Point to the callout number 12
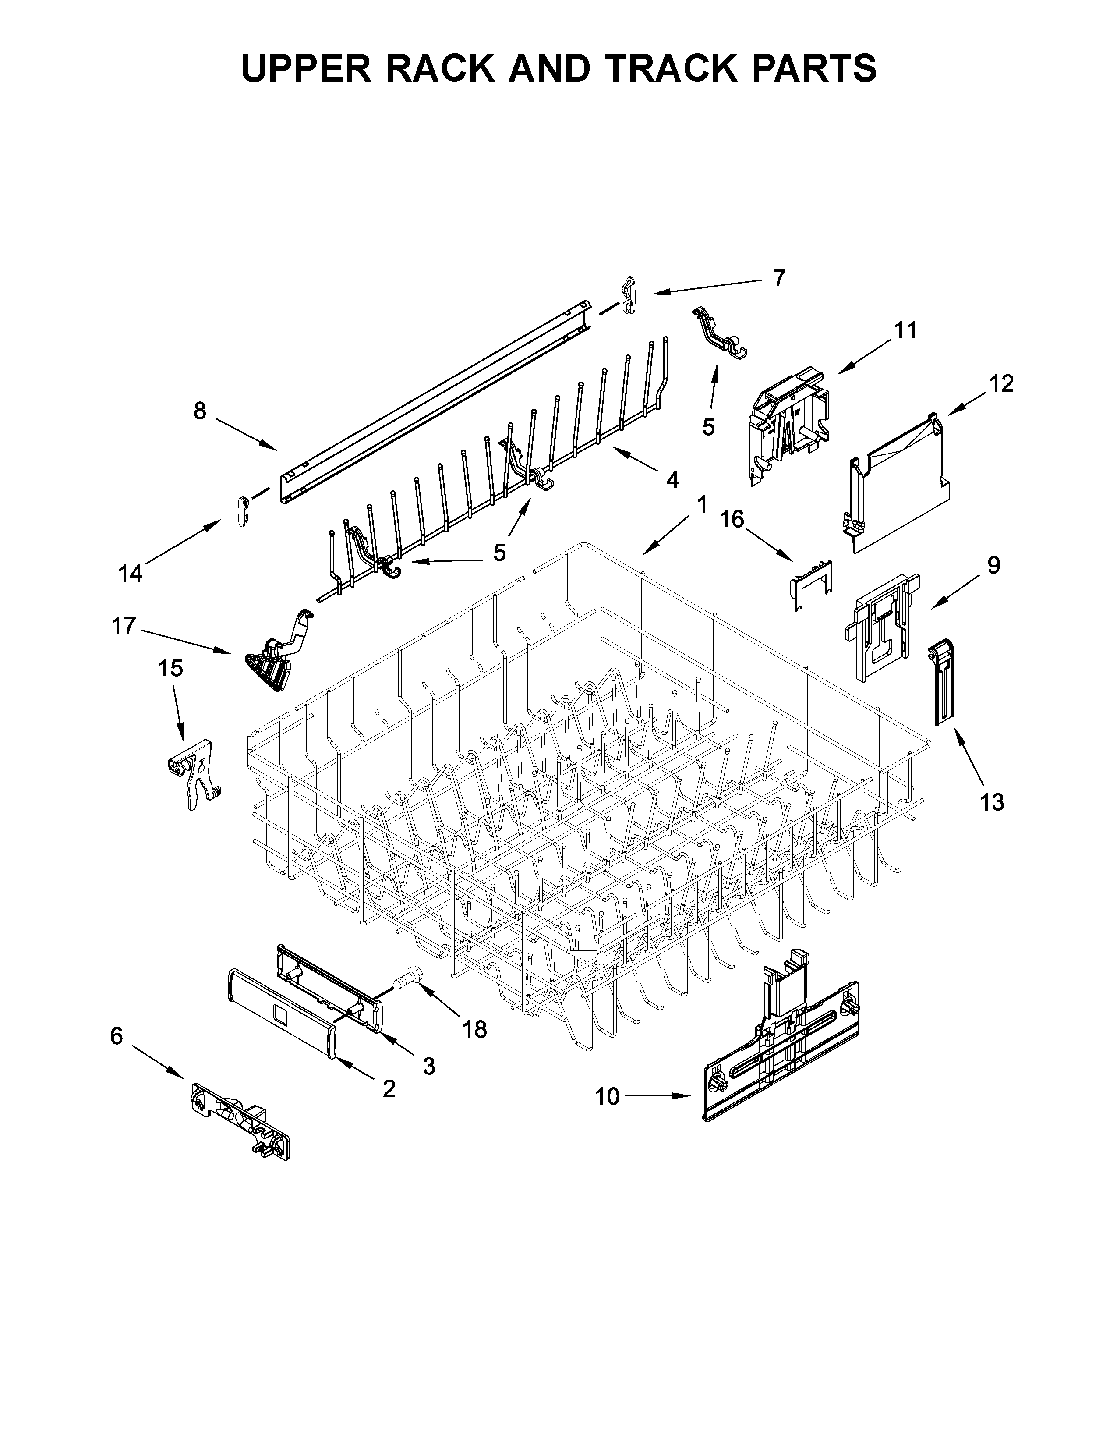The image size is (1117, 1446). (x=1002, y=383)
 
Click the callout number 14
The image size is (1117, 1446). (x=131, y=574)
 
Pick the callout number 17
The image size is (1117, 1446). (x=124, y=626)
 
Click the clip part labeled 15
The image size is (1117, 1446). (x=193, y=773)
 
